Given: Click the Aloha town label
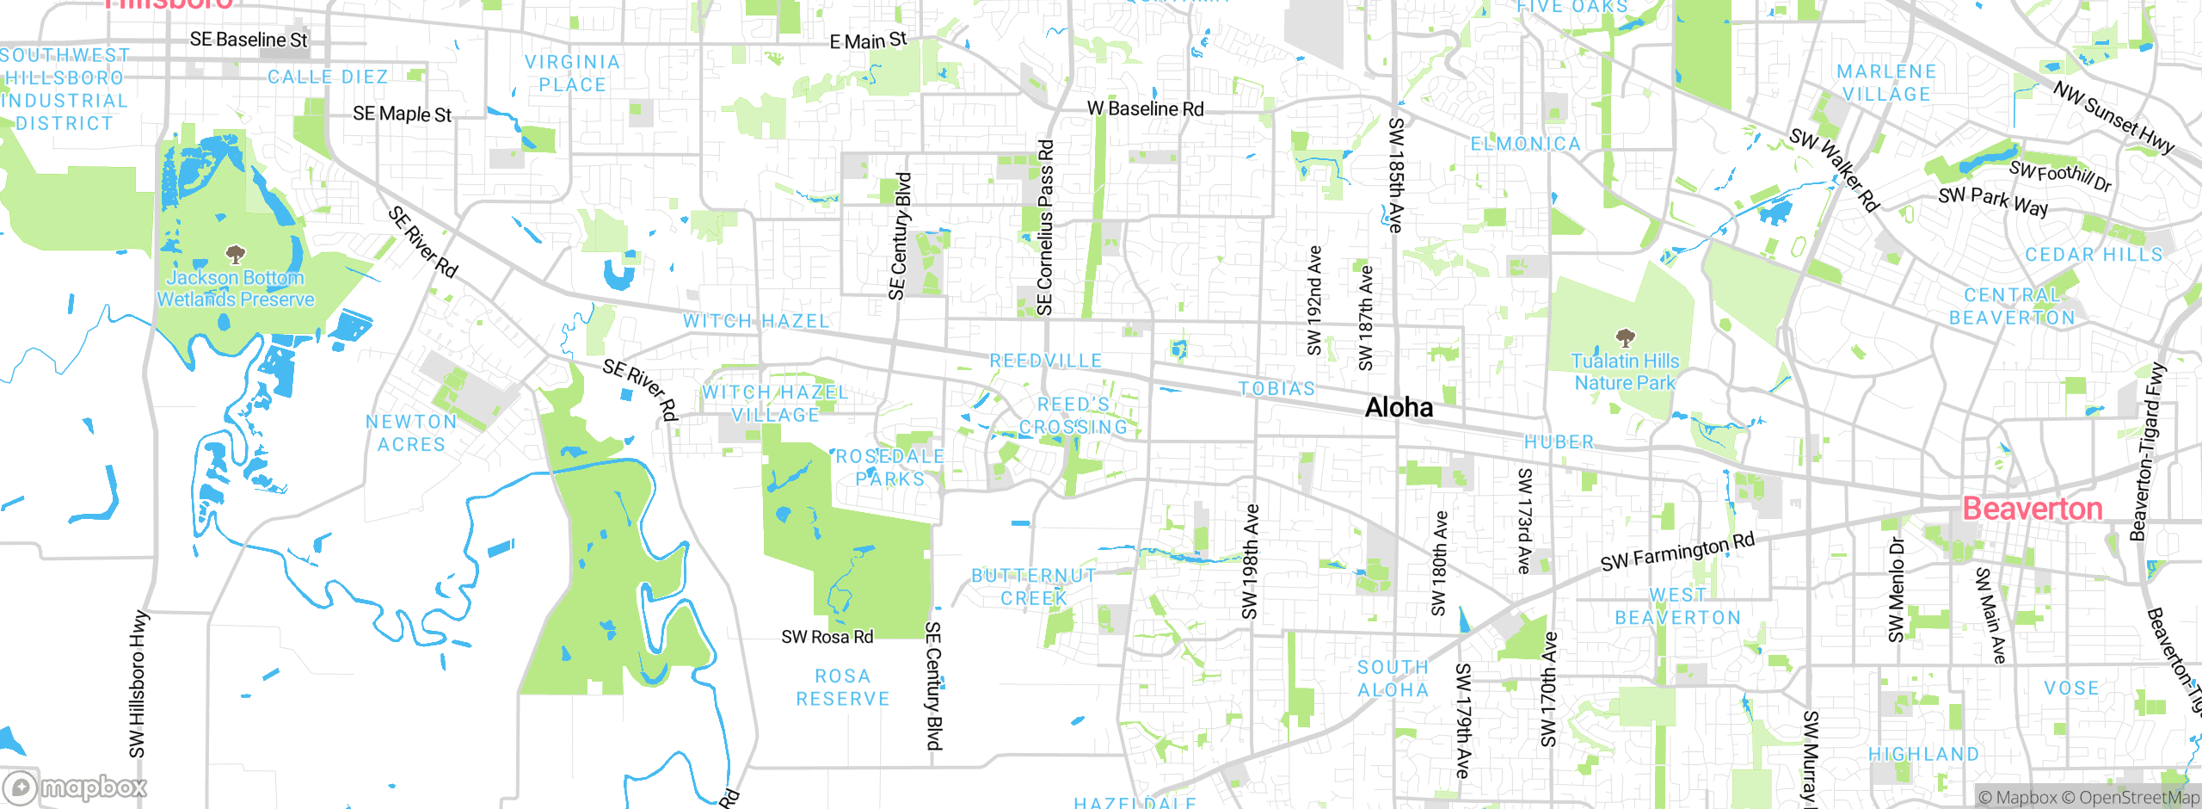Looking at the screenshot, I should pyautogui.click(x=1399, y=407).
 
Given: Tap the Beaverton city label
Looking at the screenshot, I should pyautogui.click(x=2032, y=509).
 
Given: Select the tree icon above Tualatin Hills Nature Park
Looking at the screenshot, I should pyautogui.click(x=1625, y=337).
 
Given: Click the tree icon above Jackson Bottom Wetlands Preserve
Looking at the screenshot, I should pyautogui.click(x=235, y=254).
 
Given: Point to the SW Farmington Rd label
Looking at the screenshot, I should pyautogui.click(x=1676, y=552).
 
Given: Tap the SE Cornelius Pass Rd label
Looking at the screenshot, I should pyautogui.click(x=1044, y=228).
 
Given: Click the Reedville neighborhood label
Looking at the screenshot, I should pyautogui.click(x=1046, y=361).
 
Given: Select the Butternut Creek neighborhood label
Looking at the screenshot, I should pyautogui.click(x=1033, y=586).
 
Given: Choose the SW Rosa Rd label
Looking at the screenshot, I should pyautogui.click(x=827, y=637).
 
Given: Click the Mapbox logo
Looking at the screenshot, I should pyautogui.click(x=76, y=787).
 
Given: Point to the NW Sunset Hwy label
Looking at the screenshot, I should pyautogui.click(x=2113, y=117).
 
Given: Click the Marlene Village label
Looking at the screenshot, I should pyautogui.click(x=1886, y=83).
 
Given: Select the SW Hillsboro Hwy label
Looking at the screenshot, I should pyautogui.click(x=138, y=684).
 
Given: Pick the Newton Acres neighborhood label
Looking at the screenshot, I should pyautogui.click(x=411, y=433).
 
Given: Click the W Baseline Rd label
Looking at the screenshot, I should pyautogui.click(x=1145, y=108).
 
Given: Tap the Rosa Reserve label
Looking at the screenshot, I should pyautogui.click(x=842, y=687).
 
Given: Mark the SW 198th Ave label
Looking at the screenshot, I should pyautogui.click(x=1250, y=561).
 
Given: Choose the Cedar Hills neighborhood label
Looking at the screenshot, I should pyautogui.click(x=2093, y=255).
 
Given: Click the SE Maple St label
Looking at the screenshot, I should pyautogui.click(x=402, y=114).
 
